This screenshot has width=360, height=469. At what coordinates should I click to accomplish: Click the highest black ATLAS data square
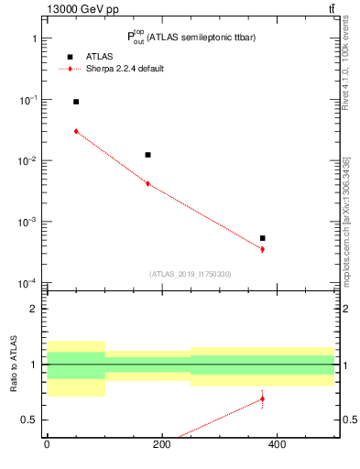(76, 102)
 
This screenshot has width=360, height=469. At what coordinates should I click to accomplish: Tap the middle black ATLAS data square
(147, 155)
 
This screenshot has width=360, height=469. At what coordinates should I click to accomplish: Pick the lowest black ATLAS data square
(262, 238)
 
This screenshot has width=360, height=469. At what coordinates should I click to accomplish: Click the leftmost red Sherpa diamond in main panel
(76, 131)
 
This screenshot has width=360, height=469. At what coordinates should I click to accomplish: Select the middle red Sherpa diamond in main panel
(147, 184)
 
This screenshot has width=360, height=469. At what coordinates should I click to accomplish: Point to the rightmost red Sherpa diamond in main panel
(262, 249)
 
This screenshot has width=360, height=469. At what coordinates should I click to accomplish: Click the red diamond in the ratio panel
(262, 398)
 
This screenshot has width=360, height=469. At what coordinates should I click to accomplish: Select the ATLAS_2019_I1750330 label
(191, 274)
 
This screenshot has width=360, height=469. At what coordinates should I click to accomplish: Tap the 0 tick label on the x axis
(47, 445)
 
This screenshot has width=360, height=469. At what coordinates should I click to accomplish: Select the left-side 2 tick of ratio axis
(32, 309)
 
